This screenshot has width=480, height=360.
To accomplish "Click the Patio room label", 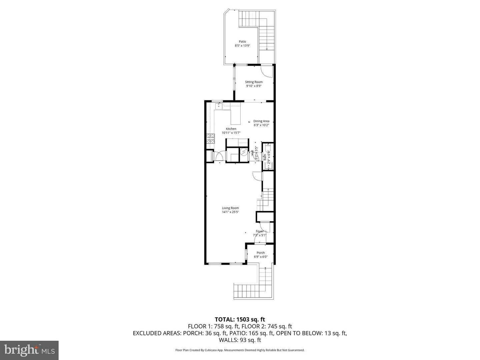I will (242, 42).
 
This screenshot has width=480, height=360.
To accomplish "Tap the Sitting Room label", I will (254, 82).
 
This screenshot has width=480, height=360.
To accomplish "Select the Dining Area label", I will (261, 121).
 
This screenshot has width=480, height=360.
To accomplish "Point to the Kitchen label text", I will (231, 129).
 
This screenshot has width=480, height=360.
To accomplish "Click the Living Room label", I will (230, 208).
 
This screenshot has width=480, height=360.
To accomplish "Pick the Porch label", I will (261, 253).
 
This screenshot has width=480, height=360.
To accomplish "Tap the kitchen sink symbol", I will (219, 106).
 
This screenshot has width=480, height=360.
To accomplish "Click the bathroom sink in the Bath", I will (269, 165).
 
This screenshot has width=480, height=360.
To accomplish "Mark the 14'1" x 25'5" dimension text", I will (231, 212).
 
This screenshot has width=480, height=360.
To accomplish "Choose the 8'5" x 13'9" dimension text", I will (242, 46).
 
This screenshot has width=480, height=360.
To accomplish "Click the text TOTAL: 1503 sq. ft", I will (240, 320).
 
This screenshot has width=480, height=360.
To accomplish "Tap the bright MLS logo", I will (29, 350).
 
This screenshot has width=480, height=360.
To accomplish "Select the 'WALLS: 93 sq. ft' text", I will (240, 340).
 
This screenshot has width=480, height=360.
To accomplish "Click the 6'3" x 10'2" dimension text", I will (261, 125).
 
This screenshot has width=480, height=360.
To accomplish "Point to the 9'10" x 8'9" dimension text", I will (254, 86).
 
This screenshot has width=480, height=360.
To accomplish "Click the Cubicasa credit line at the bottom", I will (240, 350).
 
